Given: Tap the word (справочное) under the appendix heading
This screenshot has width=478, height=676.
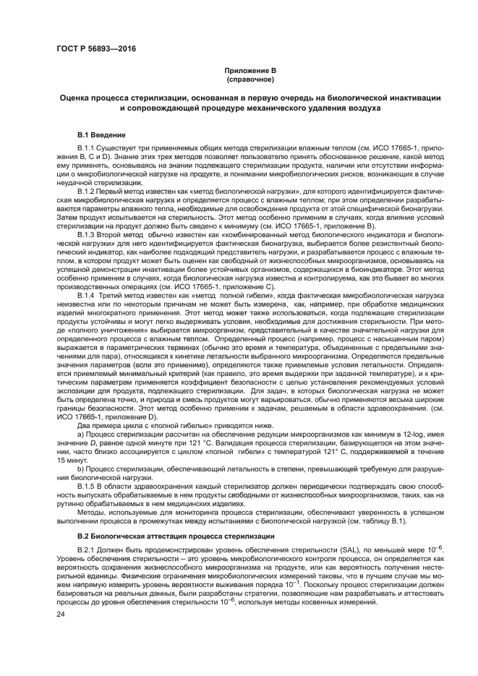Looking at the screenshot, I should [239, 80].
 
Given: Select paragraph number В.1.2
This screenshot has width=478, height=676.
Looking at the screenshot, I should [87, 191].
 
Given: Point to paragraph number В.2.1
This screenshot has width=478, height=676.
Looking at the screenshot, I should [87, 551].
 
